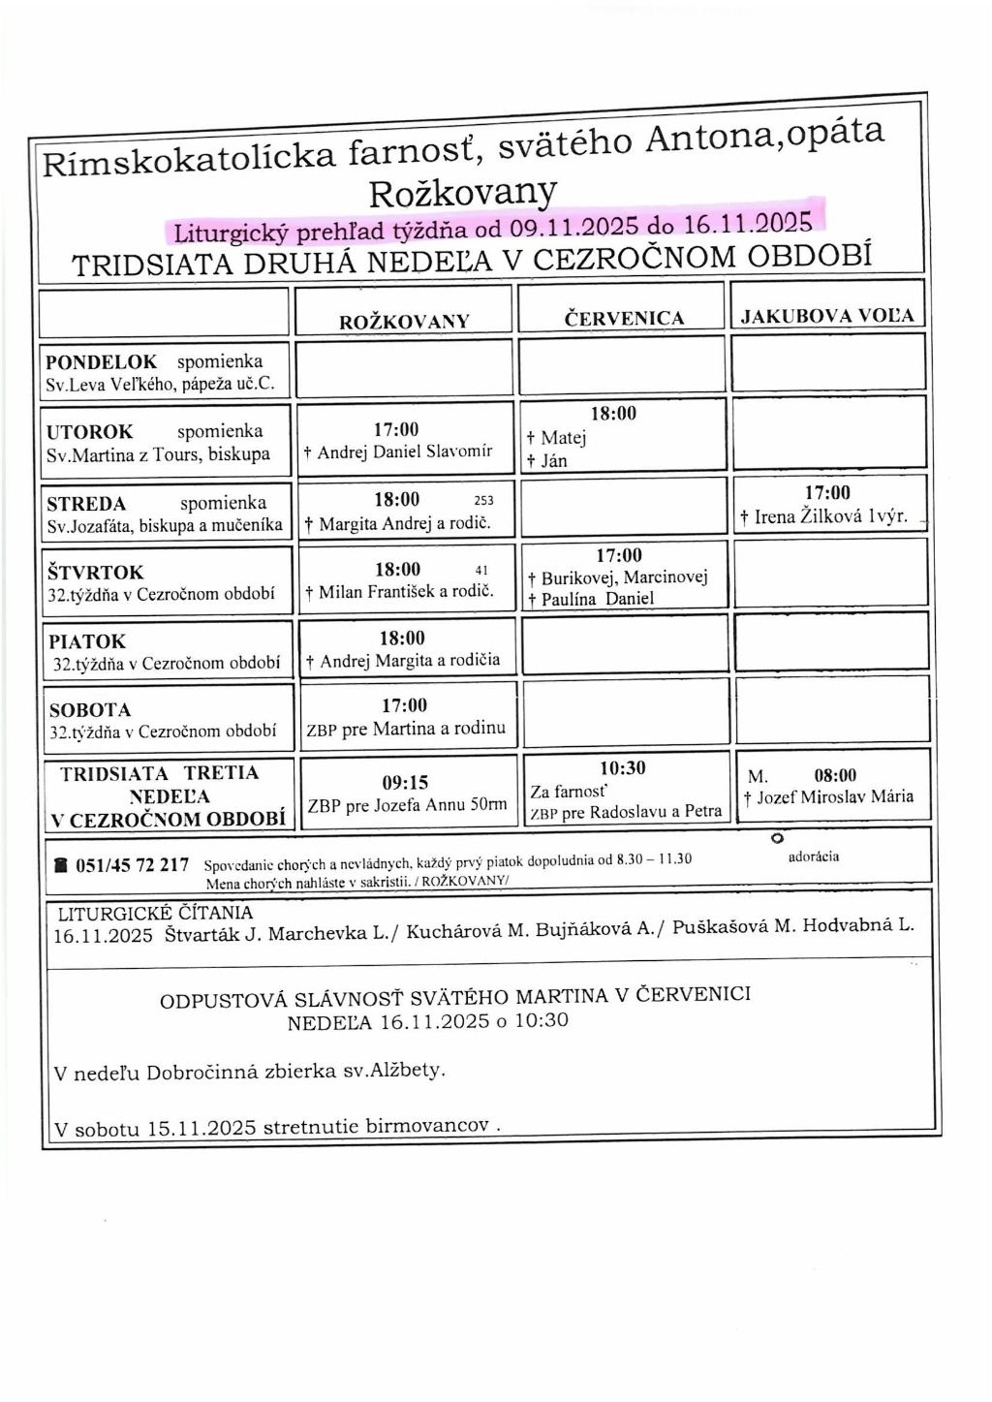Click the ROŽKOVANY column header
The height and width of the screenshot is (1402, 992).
point(404,322)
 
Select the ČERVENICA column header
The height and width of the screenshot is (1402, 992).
point(624,318)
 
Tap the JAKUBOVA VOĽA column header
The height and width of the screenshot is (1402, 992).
point(827,316)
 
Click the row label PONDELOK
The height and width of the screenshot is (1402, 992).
point(101,362)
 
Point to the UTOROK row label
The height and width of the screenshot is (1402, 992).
point(90,432)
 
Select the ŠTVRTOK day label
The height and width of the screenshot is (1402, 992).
point(95,573)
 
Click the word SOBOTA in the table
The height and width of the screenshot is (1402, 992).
point(90,710)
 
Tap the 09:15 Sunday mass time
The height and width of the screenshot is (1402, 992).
point(405,783)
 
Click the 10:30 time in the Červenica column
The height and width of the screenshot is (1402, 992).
point(622,768)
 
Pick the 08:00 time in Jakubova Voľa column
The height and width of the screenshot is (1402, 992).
point(835,775)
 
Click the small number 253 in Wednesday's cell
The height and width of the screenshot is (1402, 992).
point(483,501)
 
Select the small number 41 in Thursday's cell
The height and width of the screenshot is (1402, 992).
point(481,571)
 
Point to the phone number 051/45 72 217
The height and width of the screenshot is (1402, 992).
point(132,865)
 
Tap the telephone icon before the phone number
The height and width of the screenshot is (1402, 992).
point(61,865)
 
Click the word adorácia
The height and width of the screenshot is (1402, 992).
point(814,857)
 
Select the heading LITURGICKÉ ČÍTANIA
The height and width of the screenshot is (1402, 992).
point(155,913)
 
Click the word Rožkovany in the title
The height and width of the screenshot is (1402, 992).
point(463,191)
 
